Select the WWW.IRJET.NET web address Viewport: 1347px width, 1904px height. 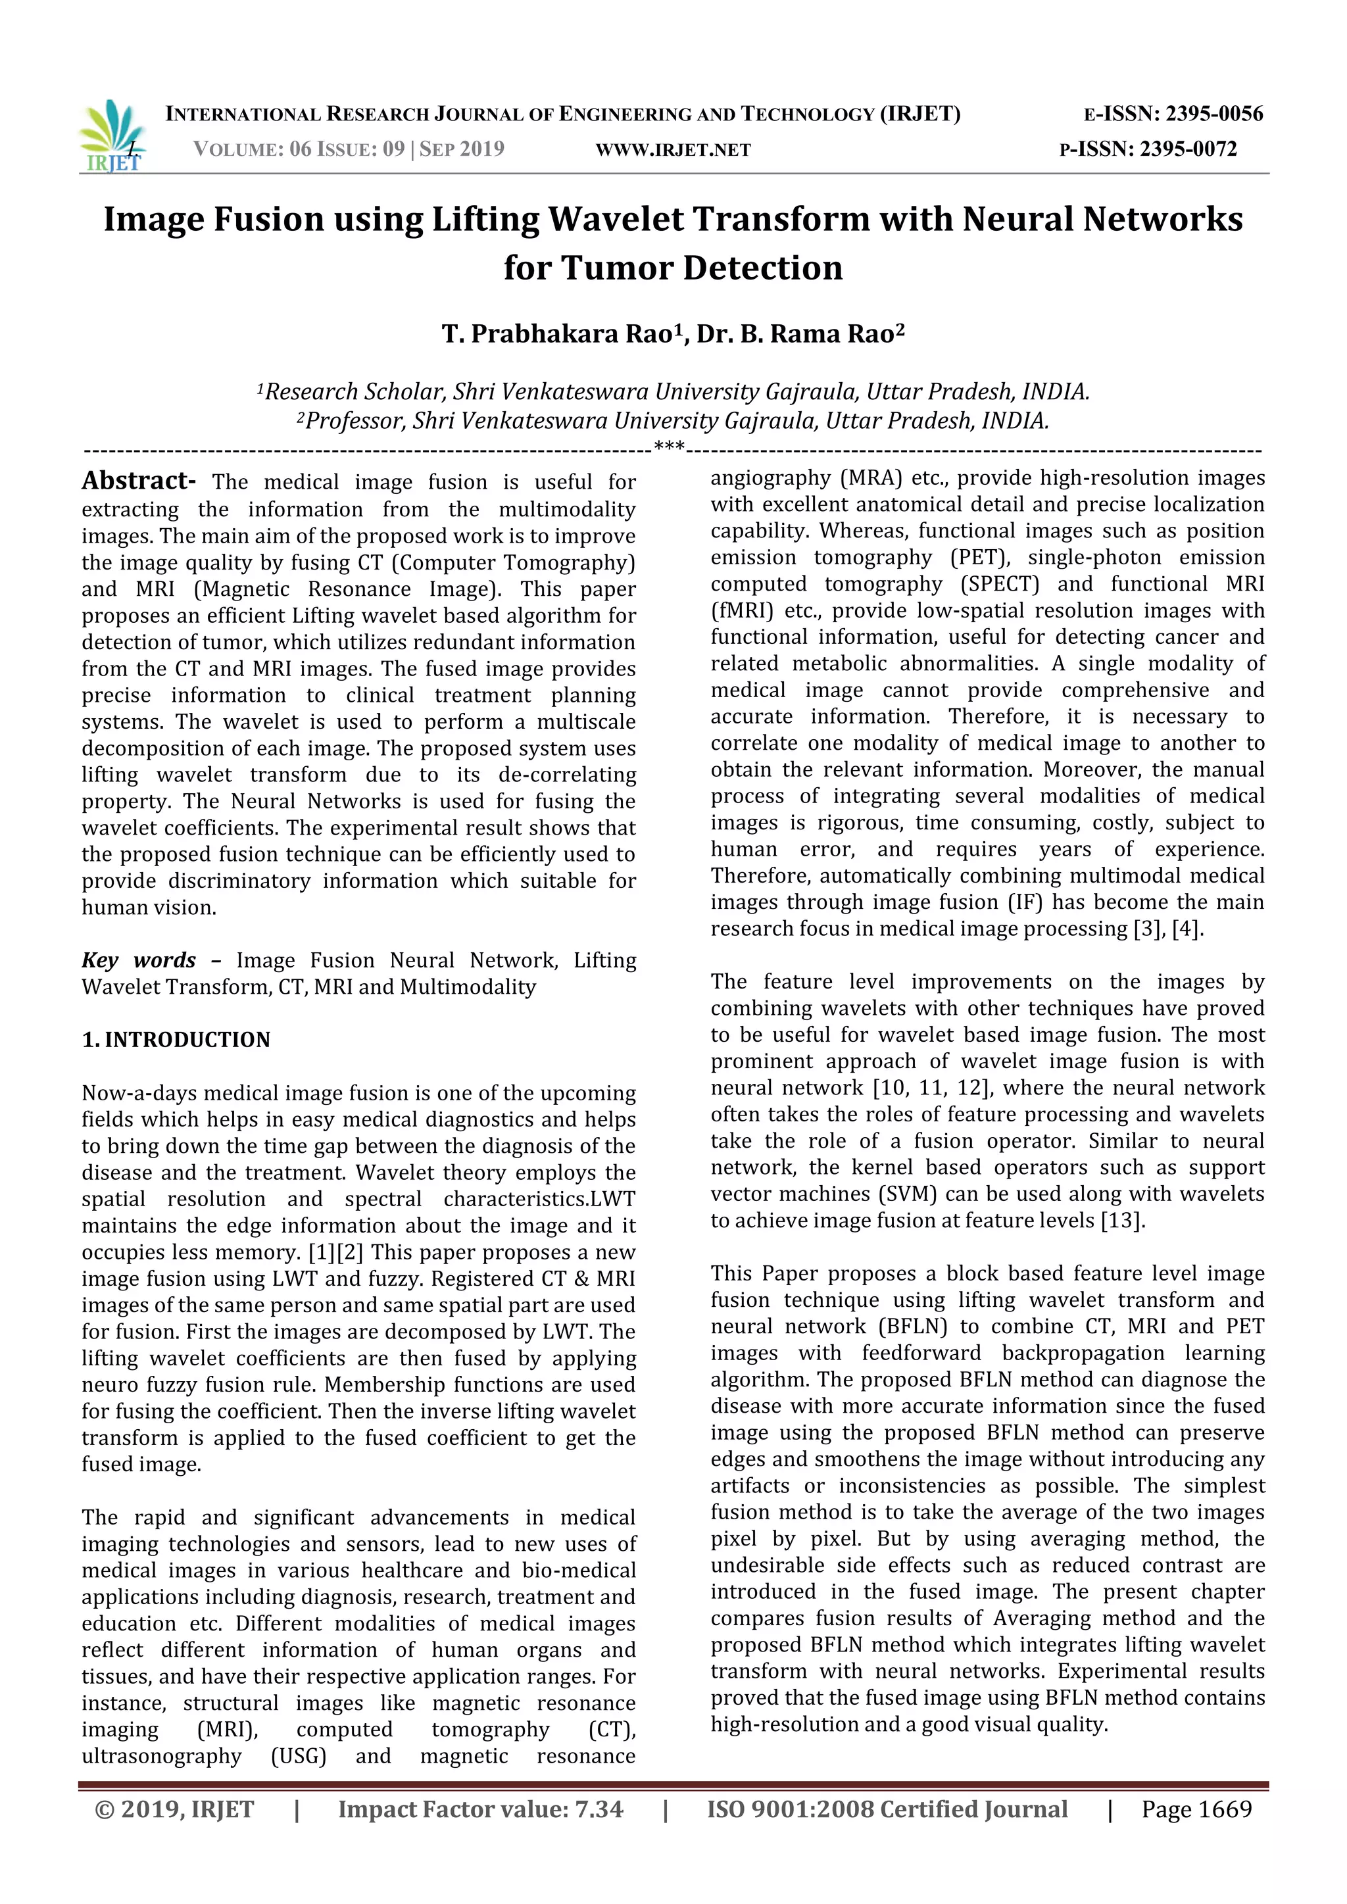tap(673, 150)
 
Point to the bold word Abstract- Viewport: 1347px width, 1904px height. tap(139, 481)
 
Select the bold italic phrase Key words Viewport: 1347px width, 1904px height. tap(139, 960)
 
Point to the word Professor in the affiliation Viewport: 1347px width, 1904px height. tap(353, 422)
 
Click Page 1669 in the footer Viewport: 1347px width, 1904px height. tap(1196, 1809)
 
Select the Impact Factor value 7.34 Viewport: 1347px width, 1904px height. tap(599, 1809)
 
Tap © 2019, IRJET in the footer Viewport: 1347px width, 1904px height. tap(174, 1809)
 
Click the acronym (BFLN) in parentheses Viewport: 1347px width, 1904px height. tap(911, 1327)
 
